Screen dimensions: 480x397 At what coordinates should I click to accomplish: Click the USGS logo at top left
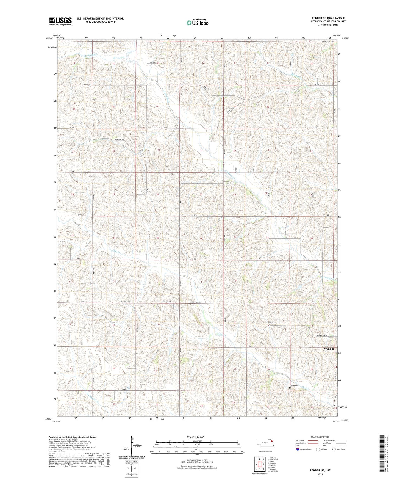point(60,21)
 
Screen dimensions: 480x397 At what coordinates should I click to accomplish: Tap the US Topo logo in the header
point(197,23)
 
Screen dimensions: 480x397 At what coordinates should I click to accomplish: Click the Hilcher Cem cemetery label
point(294,385)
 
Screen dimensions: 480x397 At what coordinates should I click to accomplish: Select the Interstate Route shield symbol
point(298,449)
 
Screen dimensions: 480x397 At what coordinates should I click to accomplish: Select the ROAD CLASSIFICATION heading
point(320,437)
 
